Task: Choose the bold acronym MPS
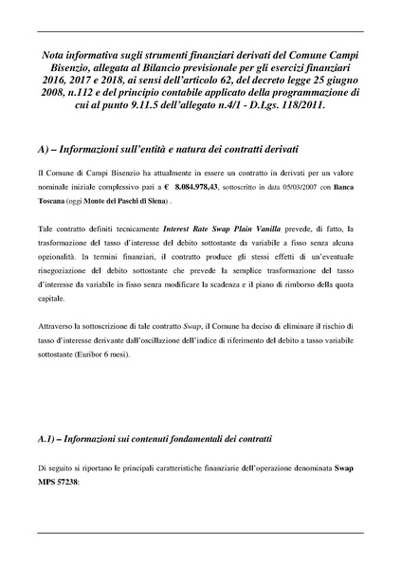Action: [x=47, y=483]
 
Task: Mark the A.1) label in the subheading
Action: [x=49, y=440]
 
